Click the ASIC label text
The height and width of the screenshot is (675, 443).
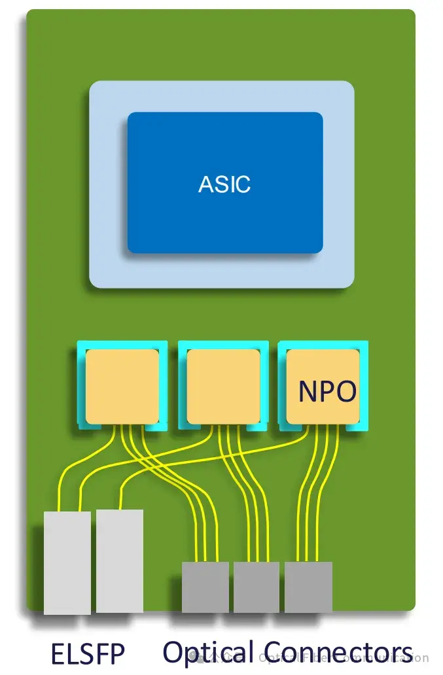point(224,184)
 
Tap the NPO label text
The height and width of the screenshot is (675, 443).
point(327,392)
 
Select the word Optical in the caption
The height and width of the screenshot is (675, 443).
point(207,653)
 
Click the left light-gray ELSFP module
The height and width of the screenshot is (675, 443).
point(67,562)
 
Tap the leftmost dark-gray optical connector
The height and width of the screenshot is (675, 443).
point(205,587)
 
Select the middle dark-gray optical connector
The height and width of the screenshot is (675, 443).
point(256,587)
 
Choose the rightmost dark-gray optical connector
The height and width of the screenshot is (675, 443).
point(308,587)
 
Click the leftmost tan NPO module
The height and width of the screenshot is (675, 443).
point(122,386)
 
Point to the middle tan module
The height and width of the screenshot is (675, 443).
point(223,386)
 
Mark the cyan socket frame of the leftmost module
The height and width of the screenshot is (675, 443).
point(81,386)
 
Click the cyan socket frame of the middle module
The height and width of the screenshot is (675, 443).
point(183,386)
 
